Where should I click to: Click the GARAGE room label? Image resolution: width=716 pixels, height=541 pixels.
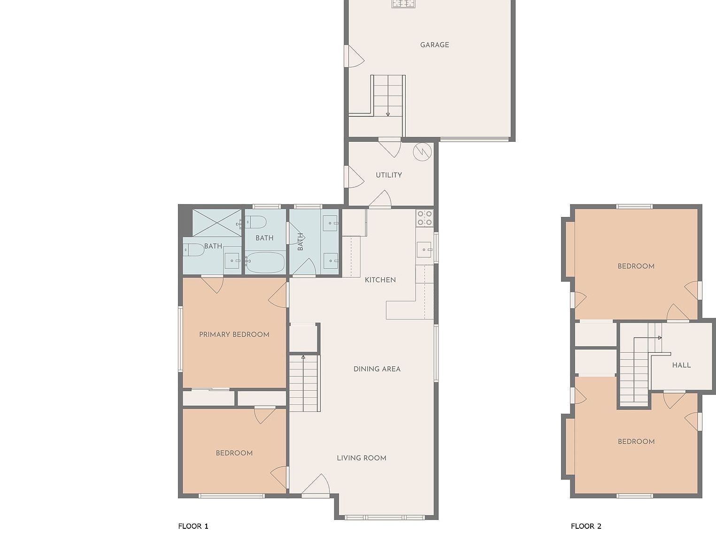[434, 45]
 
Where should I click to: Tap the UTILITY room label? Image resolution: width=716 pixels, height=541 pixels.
[389, 175]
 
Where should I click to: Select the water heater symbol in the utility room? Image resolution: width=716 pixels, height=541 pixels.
[422, 152]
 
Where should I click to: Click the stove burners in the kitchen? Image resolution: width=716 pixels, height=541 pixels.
[424, 218]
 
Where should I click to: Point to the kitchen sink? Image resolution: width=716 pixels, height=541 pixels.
[424, 249]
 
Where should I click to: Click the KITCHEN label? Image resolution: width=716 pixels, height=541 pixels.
[380, 280]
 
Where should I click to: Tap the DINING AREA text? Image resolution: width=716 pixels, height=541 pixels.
[377, 369]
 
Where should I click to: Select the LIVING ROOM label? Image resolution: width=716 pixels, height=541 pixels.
[362, 458]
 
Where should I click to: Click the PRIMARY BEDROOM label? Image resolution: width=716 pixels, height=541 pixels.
[234, 335]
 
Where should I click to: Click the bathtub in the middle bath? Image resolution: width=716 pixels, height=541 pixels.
[265, 263]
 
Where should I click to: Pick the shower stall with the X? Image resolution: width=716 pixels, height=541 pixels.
[217, 223]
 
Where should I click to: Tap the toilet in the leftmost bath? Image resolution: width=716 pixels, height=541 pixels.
[193, 250]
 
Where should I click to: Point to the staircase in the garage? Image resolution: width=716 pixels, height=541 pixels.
[388, 95]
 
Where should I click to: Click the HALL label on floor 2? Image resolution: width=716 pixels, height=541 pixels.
[681, 365]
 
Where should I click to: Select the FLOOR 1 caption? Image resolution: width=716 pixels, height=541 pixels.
[193, 526]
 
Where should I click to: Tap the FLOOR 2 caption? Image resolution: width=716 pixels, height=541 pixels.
[585, 526]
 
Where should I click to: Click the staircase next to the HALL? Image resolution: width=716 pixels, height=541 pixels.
[635, 371]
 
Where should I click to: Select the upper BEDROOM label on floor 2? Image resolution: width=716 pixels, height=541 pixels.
[636, 266]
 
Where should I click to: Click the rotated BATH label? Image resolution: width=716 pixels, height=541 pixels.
[300, 242]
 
